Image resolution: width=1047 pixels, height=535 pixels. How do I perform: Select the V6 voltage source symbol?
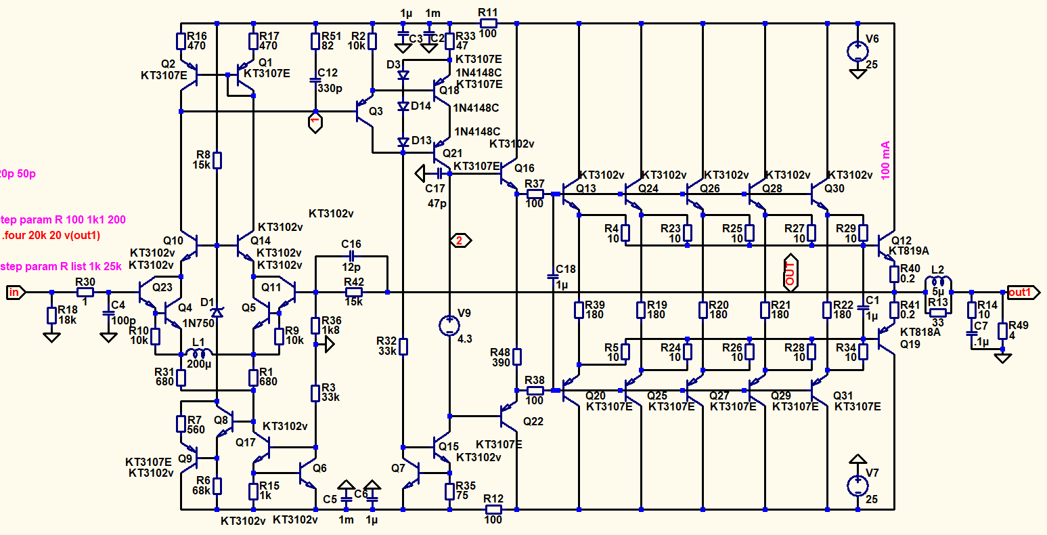857,51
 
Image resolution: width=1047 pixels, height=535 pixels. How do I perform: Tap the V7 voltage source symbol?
857,484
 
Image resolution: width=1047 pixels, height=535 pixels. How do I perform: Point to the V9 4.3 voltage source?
449,325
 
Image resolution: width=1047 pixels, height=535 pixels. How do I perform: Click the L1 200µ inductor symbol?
198,353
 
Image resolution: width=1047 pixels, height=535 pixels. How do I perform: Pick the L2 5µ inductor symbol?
938,283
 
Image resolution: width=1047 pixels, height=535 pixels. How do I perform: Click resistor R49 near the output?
1004,330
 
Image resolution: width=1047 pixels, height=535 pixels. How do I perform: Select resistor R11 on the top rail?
488,23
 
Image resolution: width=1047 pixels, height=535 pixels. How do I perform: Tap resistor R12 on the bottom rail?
493,509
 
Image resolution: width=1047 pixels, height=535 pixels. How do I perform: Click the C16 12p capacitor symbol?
351,256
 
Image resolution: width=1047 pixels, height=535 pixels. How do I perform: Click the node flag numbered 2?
459,240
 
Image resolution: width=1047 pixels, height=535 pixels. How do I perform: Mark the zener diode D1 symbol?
217,312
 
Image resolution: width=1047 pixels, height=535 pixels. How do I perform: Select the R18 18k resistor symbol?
51,316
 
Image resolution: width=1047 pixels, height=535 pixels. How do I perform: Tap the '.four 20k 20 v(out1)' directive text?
50,236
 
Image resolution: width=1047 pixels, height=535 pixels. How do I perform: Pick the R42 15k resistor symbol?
353,293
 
